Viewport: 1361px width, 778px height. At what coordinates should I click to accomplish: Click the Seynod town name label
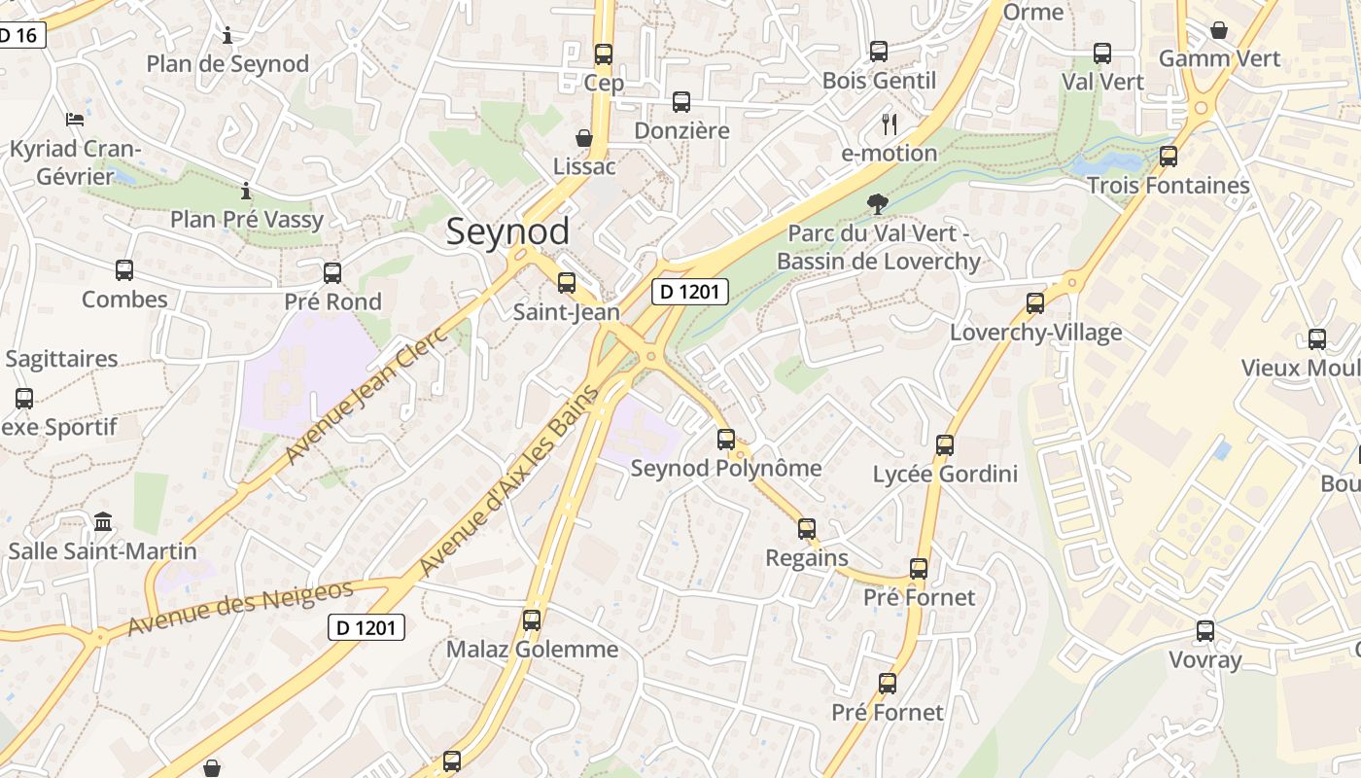[507, 231]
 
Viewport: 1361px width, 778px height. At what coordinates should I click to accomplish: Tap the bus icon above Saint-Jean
[566, 283]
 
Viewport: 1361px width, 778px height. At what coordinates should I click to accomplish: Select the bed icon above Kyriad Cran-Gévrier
[75, 120]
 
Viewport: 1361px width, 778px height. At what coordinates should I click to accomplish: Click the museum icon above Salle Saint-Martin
[103, 522]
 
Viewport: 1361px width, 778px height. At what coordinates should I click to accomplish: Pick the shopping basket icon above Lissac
[584, 138]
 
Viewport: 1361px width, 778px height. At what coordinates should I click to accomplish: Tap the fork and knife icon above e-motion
[889, 124]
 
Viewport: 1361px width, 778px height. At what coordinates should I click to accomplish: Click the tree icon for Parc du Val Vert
[878, 203]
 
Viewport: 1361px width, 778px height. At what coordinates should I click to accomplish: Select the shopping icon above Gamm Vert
[1218, 30]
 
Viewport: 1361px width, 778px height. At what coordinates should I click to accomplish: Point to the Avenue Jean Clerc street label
[366, 394]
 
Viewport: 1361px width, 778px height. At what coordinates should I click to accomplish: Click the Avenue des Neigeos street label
[240, 608]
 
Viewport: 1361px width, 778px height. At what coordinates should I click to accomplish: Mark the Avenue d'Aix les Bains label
[507, 480]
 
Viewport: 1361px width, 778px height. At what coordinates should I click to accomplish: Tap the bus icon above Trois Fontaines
[1169, 156]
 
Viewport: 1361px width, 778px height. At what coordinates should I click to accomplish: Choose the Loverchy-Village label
[1035, 333]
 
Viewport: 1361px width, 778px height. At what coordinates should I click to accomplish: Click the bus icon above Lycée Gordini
[944, 445]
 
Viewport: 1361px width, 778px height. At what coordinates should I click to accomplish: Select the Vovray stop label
[1204, 659]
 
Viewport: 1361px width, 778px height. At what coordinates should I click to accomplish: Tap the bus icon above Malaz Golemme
[532, 619]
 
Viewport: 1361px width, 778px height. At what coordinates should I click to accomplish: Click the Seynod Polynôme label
[725, 468]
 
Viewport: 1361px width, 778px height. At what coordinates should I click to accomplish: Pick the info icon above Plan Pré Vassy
[246, 190]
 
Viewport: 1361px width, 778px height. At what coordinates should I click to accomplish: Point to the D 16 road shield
[17, 36]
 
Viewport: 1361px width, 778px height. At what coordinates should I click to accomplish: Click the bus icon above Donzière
[681, 101]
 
